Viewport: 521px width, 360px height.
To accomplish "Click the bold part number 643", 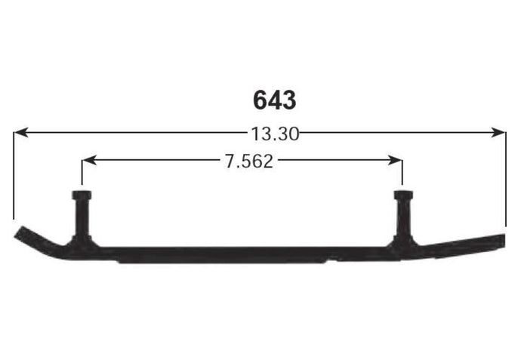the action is click(x=274, y=100).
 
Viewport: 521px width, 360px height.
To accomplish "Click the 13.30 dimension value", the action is click(x=275, y=134).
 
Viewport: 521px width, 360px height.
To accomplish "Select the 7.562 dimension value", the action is click(x=249, y=162).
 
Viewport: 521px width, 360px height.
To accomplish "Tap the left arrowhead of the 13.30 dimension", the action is click(x=21, y=133).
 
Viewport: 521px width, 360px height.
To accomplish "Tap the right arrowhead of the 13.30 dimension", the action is click(x=498, y=133).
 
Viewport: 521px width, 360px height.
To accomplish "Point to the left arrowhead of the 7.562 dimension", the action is click(x=89, y=160).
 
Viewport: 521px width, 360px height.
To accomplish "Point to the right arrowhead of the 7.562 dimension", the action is click(x=395, y=160).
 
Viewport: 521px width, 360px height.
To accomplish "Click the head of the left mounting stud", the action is click(x=82, y=195).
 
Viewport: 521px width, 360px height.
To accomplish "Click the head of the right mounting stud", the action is click(x=403, y=195).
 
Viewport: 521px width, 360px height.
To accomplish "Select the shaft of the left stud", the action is click(x=82, y=217).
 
